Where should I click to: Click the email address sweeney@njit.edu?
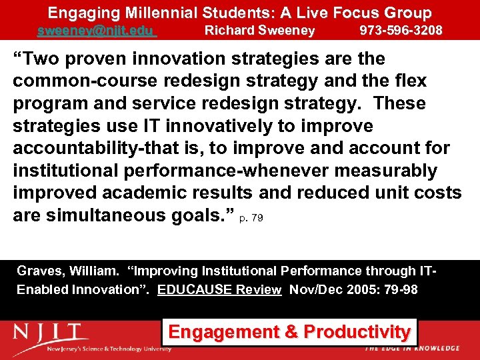[x=97, y=31]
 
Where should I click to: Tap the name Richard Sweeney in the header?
[x=259, y=31]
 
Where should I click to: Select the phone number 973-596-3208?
[x=401, y=31]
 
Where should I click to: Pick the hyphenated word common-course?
[x=69, y=81]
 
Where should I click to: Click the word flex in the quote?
[x=409, y=81]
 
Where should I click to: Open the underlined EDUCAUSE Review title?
[x=219, y=290]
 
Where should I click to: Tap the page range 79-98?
[x=399, y=290]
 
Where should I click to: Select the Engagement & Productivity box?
[x=289, y=331]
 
